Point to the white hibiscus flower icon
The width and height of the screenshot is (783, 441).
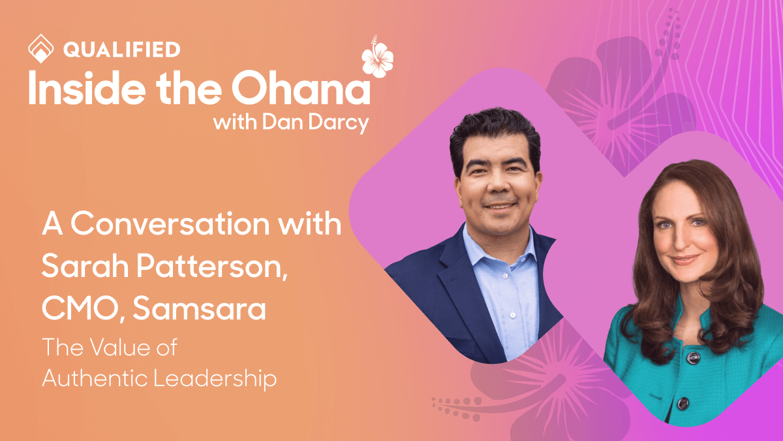coord(378,57)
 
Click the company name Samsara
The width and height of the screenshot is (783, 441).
coord(199,308)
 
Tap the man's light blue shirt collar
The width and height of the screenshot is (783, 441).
coord(480,242)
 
